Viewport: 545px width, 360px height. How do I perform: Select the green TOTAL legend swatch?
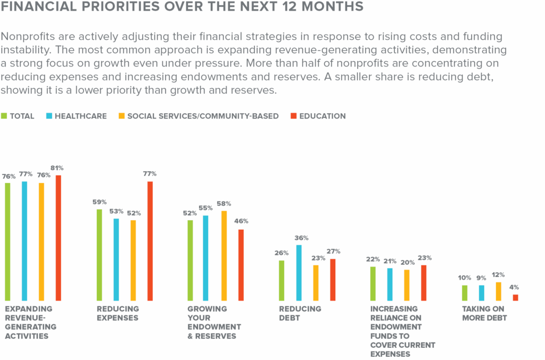(x=5, y=116)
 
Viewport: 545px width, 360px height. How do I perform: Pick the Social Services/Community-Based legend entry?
(x=203, y=116)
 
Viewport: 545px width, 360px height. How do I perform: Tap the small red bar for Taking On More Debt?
(x=515, y=298)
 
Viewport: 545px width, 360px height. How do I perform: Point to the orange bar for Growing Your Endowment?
(x=224, y=256)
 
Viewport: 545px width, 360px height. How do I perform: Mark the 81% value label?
(x=59, y=169)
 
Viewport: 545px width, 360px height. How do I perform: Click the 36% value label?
(x=301, y=238)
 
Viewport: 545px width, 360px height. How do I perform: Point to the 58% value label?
(x=224, y=204)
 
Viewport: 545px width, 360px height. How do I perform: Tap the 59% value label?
(x=99, y=202)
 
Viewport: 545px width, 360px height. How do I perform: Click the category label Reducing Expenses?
(x=118, y=313)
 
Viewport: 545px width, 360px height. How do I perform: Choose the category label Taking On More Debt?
(x=484, y=313)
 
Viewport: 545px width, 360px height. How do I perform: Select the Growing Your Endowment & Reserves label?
(x=214, y=322)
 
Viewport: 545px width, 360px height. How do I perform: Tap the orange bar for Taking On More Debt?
(x=498, y=291)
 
